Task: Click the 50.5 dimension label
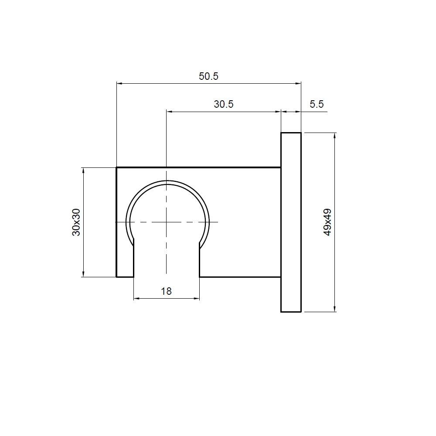[x=208, y=76]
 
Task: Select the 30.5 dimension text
[x=224, y=104]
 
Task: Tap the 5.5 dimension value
[x=317, y=104]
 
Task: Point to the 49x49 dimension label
[x=327, y=222]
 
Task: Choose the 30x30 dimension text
[x=76, y=222]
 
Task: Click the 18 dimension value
[x=166, y=291]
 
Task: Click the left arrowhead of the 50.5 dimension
[x=119, y=83]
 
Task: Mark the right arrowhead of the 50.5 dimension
[x=298, y=83]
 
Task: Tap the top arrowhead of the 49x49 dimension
[x=335, y=136]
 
